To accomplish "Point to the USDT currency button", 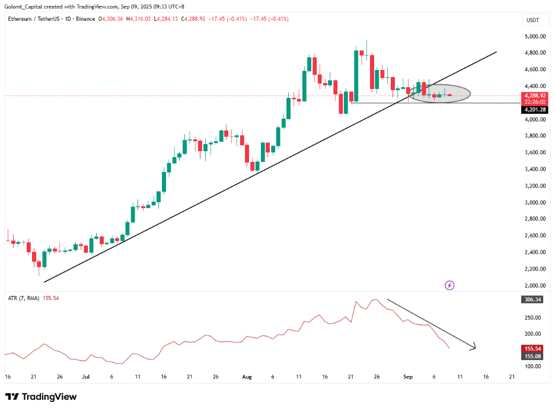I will pos(532,20).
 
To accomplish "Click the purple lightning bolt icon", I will pos(449,285).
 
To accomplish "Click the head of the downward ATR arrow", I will pos(473,348).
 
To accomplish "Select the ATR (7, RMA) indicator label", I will pos(23,298).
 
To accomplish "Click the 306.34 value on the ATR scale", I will pos(532,300).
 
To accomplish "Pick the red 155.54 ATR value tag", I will pos(532,348).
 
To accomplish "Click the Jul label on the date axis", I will pos(86,377).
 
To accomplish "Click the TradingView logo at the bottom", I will pos(41,396).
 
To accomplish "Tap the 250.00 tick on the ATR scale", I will pos(533,317).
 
